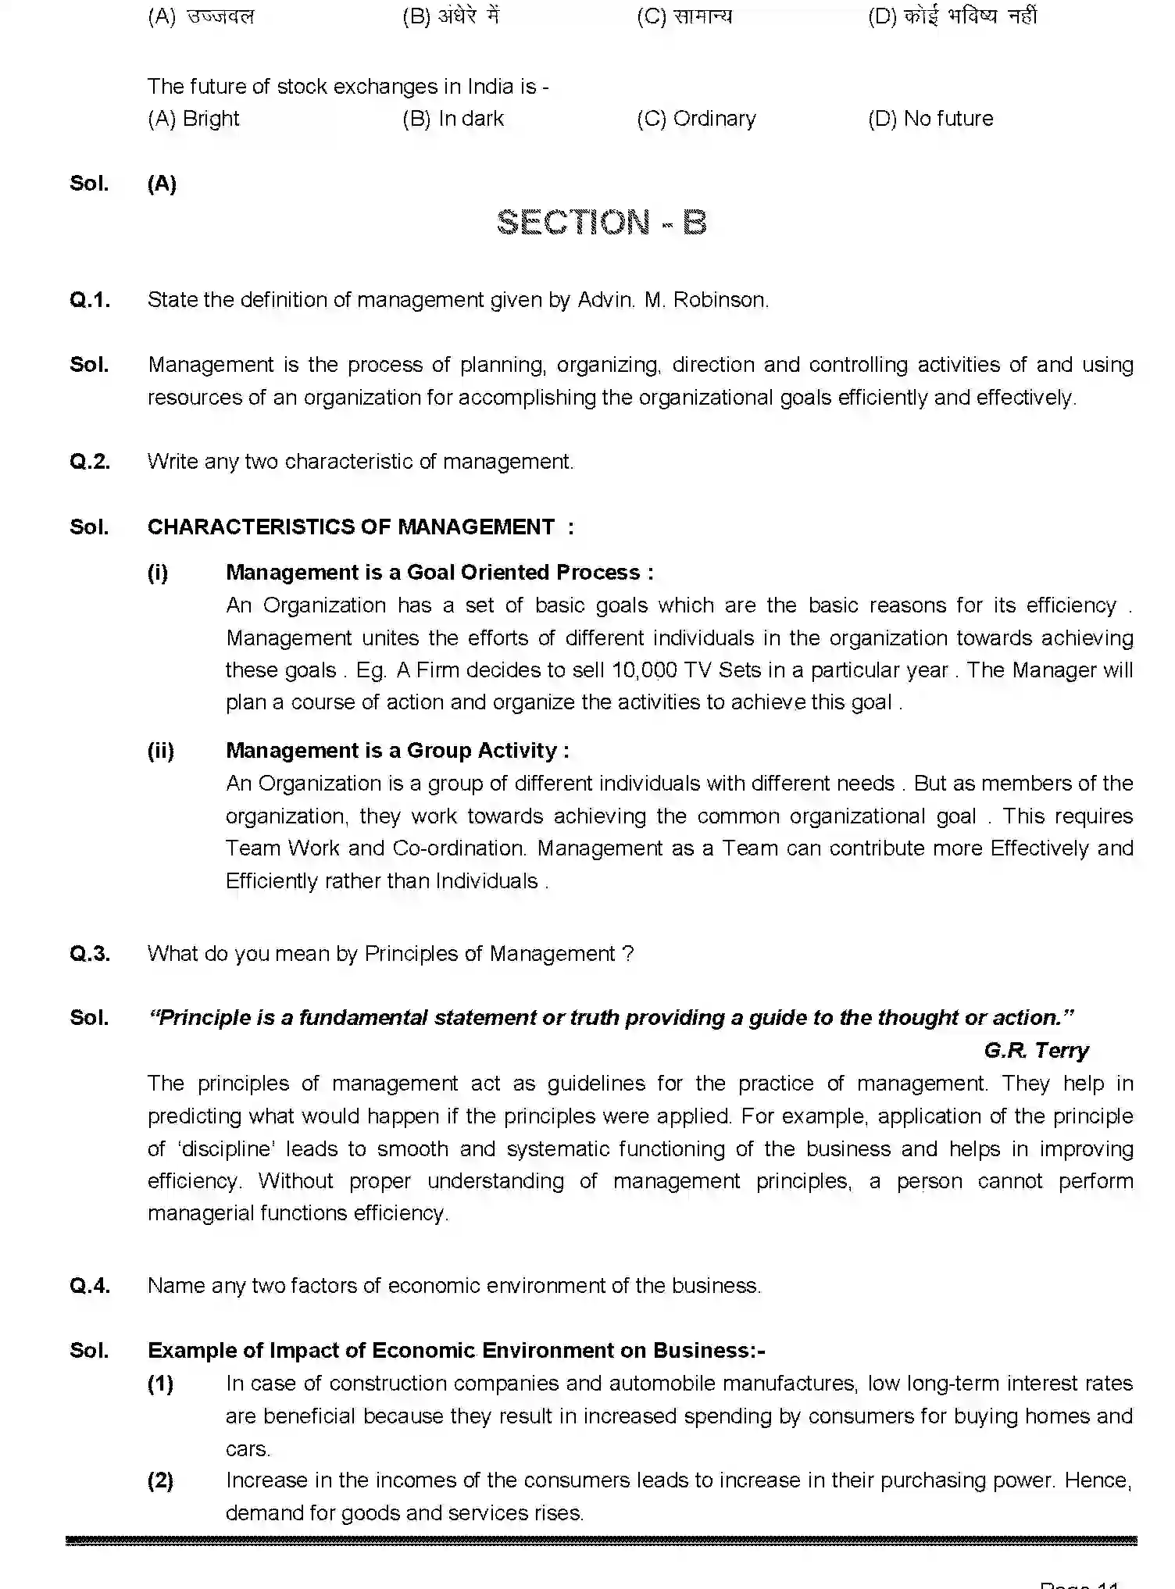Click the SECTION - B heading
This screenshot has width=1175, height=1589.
click(602, 223)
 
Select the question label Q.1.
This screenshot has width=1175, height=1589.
click(90, 300)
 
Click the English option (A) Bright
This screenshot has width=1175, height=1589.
click(193, 119)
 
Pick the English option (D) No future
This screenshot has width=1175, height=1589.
click(930, 119)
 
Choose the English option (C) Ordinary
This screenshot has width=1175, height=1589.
click(696, 119)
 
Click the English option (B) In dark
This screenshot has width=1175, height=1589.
click(453, 119)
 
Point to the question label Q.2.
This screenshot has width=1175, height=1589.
click(90, 462)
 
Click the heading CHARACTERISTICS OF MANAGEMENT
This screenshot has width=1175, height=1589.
click(352, 527)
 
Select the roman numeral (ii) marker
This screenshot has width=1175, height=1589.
click(161, 751)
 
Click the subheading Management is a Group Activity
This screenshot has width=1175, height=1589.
click(397, 751)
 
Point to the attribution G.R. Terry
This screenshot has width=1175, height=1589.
click(1036, 1051)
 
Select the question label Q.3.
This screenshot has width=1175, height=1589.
click(90, 954)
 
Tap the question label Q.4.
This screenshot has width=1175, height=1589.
click(90, 1286)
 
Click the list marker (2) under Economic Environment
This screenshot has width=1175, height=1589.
click(161, 1480)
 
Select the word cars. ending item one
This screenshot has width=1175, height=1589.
click(248, 1449)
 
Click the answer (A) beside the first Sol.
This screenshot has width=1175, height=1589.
click(162, 184)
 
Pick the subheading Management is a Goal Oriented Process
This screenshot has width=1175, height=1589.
click(439, 573)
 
